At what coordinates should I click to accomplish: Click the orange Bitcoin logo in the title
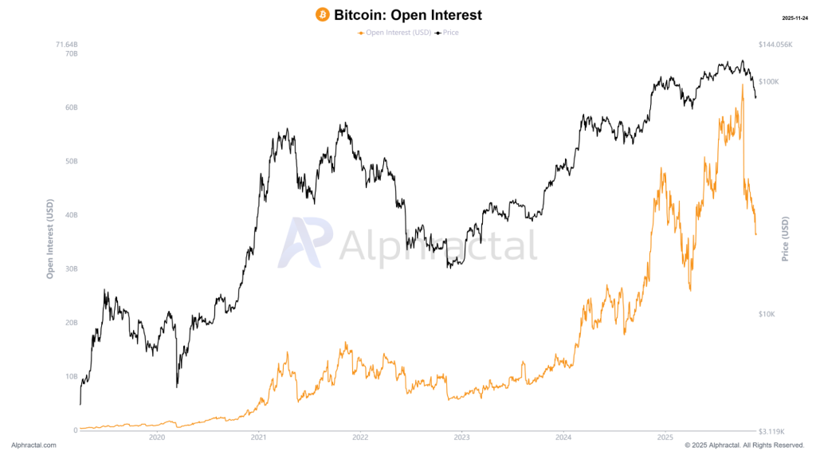coord(323,15)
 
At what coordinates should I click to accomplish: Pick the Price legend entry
coord(449,33)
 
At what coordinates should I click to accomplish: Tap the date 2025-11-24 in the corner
coord(794,18)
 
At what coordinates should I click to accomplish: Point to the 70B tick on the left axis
coord(71,53)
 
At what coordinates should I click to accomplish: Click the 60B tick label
coord(71,108)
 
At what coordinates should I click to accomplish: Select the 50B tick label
coord(71,161)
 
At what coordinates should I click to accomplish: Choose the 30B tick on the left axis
coord(71,269)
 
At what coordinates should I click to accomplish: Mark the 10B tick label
coord(71,376)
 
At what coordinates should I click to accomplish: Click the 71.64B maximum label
coord(67,44)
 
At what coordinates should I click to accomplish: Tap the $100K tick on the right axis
coord(769,81)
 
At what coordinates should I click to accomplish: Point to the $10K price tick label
coord(767,314)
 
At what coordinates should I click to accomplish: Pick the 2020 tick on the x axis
coord(157,437)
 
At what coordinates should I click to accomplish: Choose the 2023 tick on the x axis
coord(461,437)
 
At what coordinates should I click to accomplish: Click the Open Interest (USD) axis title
coord(49,239)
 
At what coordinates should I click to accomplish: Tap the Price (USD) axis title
coord(785,239)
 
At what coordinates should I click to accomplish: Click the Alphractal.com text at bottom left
coord(34,445)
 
